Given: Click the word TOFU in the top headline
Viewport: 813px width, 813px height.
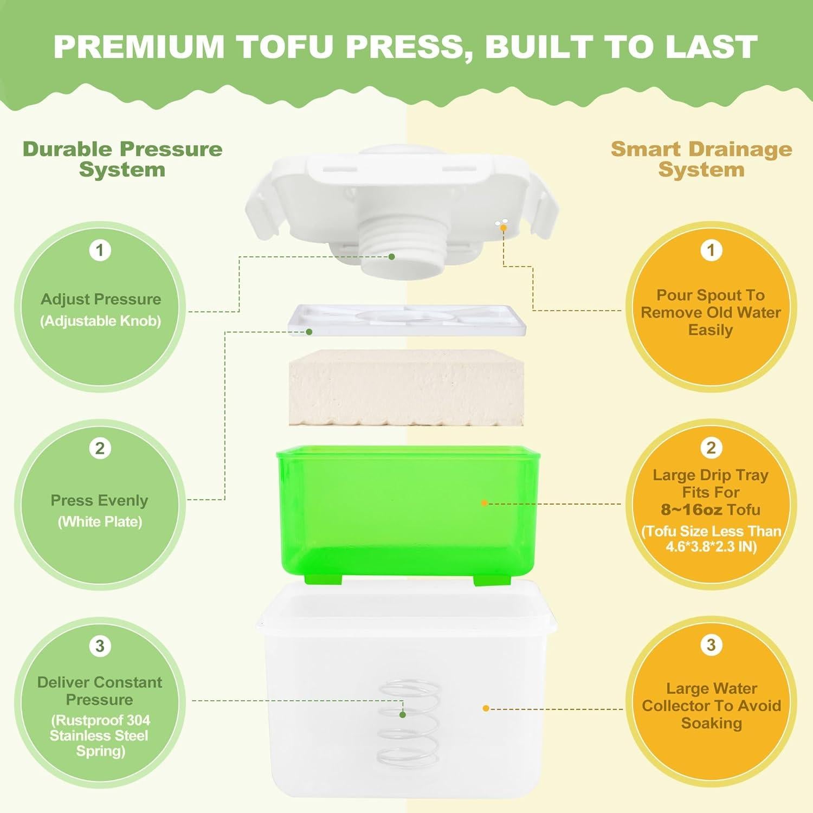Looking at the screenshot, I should [286, 47].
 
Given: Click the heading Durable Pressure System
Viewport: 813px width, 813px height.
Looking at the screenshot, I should [122, 159].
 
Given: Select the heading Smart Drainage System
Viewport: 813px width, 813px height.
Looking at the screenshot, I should [701, 159].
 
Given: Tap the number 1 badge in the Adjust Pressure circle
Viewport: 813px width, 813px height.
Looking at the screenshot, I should [100, 250].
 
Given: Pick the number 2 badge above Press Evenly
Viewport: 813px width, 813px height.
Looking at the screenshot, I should [100, 448].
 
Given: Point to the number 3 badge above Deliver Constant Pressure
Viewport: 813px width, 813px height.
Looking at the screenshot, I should [100, 646].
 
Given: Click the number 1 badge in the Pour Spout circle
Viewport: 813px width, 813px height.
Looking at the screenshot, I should [711, 250].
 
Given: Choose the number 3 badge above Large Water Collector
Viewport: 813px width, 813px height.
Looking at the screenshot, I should [711, 645].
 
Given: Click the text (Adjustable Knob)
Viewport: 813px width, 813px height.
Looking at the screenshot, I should [101, 321].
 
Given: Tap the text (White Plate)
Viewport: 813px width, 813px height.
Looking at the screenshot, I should [100, 522].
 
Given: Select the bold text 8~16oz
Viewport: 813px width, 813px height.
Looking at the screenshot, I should [692, 510].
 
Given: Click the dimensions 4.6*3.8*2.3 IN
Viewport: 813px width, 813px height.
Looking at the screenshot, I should [711, 546].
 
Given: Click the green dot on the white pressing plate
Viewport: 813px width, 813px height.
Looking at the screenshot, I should [309, 332].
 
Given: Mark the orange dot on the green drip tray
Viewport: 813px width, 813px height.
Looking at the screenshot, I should [484, 503].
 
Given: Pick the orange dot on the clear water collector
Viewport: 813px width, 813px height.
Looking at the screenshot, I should [486, 708].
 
